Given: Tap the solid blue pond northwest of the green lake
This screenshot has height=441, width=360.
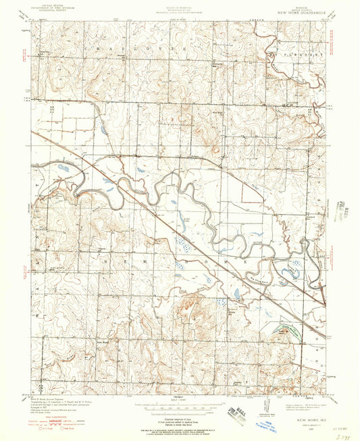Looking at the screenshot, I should click(237, 294).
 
